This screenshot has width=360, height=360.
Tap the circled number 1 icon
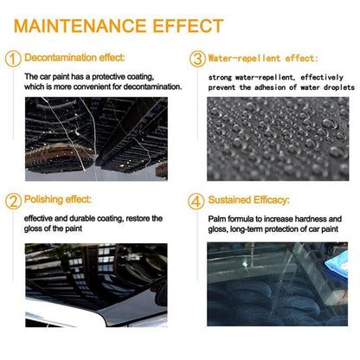click(x=12, y=59)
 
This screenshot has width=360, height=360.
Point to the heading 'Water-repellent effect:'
click(x=262, y=58)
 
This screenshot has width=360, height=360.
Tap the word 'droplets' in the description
click(x=328, y=87)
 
